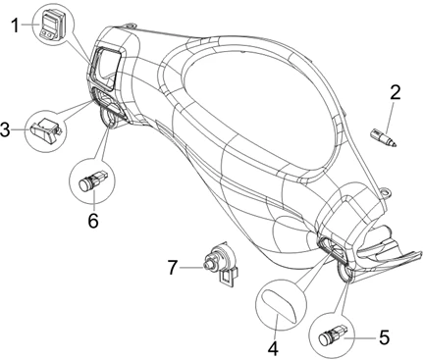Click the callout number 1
coord(15,26)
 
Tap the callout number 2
coord(396,92)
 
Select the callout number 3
coord(5,130)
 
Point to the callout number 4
coord(273,348)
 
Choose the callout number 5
coord(385,337)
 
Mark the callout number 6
coord(93,221)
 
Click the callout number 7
coord(173,268)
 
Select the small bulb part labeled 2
coord(383,138)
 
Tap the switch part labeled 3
coord(46,130)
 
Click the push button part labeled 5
coord(332,334)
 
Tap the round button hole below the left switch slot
coord(108,118)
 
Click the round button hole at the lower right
coord(344,273)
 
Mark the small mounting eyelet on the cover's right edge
coord(387,191)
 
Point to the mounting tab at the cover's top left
coord(130,26)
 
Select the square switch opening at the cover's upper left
coord(104,68)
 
